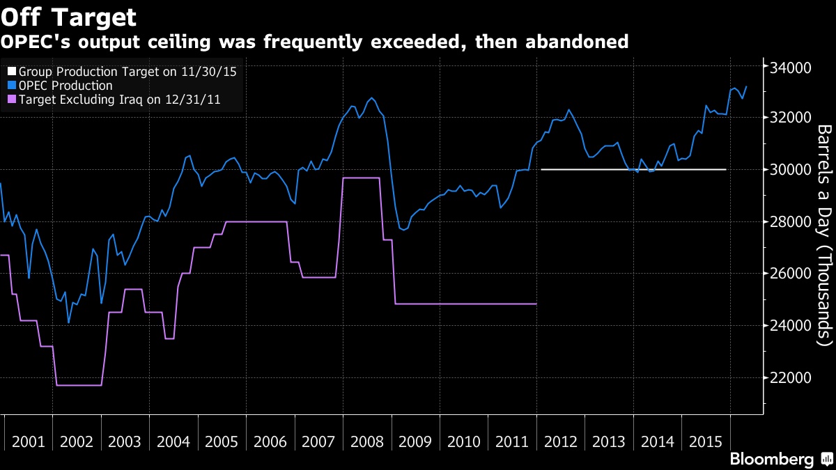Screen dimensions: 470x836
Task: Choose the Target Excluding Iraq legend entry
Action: coord(119,100)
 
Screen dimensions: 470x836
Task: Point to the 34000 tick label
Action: coord(790,68)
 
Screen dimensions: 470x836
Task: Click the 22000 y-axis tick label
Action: coord(790,378)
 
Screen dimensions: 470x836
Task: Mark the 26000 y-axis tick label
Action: coord(790,274)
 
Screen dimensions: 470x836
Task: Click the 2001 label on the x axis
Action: coord(29,441)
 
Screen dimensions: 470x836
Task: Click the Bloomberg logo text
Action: coord(771,460)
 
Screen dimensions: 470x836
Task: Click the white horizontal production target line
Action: coord(633,169)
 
